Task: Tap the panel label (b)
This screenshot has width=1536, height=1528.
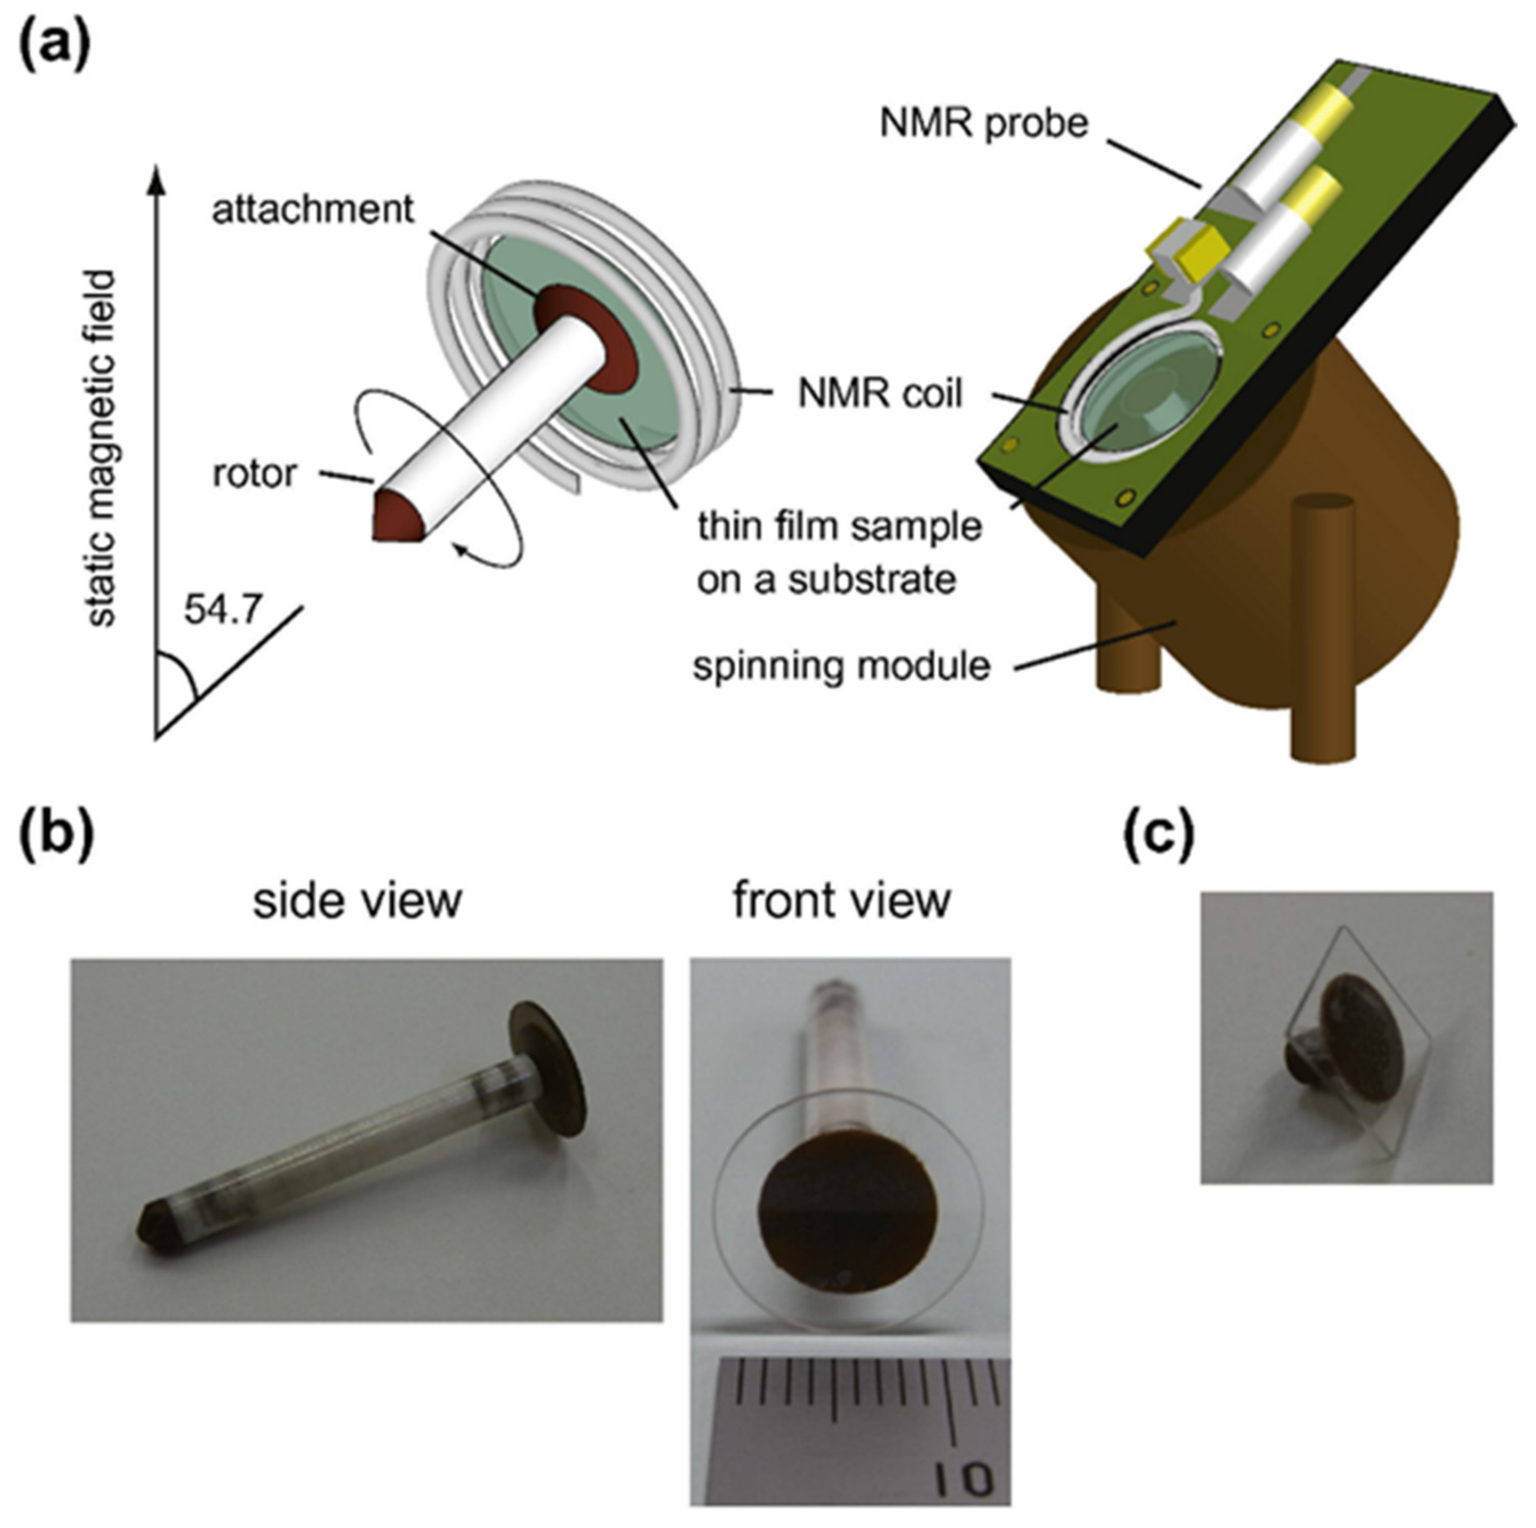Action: click(x=56, y=838)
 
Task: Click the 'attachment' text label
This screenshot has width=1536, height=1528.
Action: click(x=312, y=210)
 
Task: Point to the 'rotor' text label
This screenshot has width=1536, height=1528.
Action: click(x=254, y=474)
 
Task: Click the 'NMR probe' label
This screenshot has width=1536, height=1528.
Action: click(x=983, y=123)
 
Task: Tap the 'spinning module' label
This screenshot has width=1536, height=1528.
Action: click(x=841, y=666)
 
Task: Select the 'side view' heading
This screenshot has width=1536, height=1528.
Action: click(x=357, y=901)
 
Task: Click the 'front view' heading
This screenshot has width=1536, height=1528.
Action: click(x=842, y=901)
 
